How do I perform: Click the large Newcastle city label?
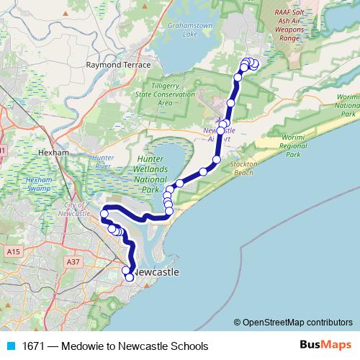click(x=153, y=273)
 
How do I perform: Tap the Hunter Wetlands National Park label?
click(x=151, y=174)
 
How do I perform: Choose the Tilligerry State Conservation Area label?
click(x=165, y=94)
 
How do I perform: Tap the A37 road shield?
click(x=73, y=262)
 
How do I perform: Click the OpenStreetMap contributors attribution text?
click(x=293, y=322)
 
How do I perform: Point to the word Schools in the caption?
click(x=189, y=346)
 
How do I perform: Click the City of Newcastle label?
click(x=71, y=209)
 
